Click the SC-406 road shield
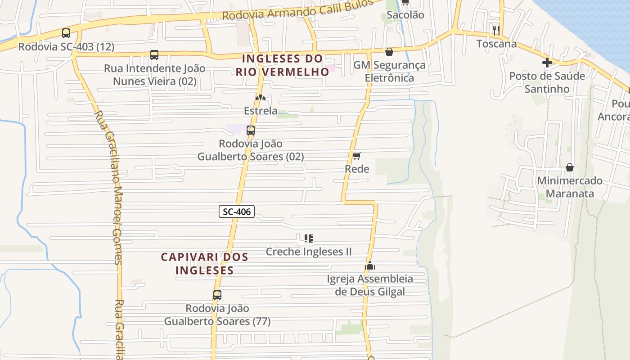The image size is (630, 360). pos(237,211)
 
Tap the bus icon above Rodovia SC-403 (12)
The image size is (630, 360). pos(66,33)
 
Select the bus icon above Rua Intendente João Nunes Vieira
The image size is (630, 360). pos(154,55)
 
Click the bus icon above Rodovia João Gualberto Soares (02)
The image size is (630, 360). pos(251,130)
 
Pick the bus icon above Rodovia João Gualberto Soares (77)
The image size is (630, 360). pos(217,295)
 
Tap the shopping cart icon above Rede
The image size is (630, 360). pos(356,156)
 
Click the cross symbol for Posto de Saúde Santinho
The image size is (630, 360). pos(547,63)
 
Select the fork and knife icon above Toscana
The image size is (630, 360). pos(496,30)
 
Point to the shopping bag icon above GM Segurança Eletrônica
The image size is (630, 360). pos(389,52)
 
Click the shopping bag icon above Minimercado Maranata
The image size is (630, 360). pos(570,167)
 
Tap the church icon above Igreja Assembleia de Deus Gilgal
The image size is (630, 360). pos(370,265)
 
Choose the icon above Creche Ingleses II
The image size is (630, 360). pos(309,238)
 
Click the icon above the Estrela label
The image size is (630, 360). pos(261,97)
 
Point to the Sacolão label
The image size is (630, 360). pos(405,15)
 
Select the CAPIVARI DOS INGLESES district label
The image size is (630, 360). pos(205,264)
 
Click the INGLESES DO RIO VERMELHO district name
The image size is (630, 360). pos(283,65)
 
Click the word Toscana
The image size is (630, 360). pos(496,44)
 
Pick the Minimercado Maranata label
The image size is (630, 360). pos(570,187)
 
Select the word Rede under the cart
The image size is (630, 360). pos(357,169)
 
